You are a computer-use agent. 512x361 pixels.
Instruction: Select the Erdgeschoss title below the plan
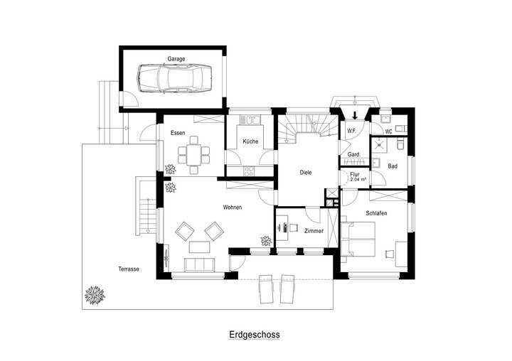tap(255, 333)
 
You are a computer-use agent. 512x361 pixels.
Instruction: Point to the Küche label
tap(250, 141)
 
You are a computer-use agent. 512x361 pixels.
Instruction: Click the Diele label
tap(306, 171)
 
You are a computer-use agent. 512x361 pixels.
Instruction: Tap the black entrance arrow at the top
tap(355, 114)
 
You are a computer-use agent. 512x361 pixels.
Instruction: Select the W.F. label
tap(351, 131)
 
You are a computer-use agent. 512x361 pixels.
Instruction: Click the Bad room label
tap(393, 166)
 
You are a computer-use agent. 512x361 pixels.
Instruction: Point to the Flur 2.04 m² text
tap(358, 178)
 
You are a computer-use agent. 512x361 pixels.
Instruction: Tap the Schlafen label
tap(376, 213)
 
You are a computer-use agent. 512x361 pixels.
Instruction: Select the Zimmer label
tap(314, 232)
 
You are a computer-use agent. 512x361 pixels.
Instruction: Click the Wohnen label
tap(232, 208)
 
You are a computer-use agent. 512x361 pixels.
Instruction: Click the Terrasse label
tap(128, 269)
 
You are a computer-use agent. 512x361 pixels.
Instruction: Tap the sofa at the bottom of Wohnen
tap(199, 265)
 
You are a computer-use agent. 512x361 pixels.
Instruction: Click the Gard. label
tap(353, 154)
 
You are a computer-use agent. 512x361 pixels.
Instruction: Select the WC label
tap(388, 131)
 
